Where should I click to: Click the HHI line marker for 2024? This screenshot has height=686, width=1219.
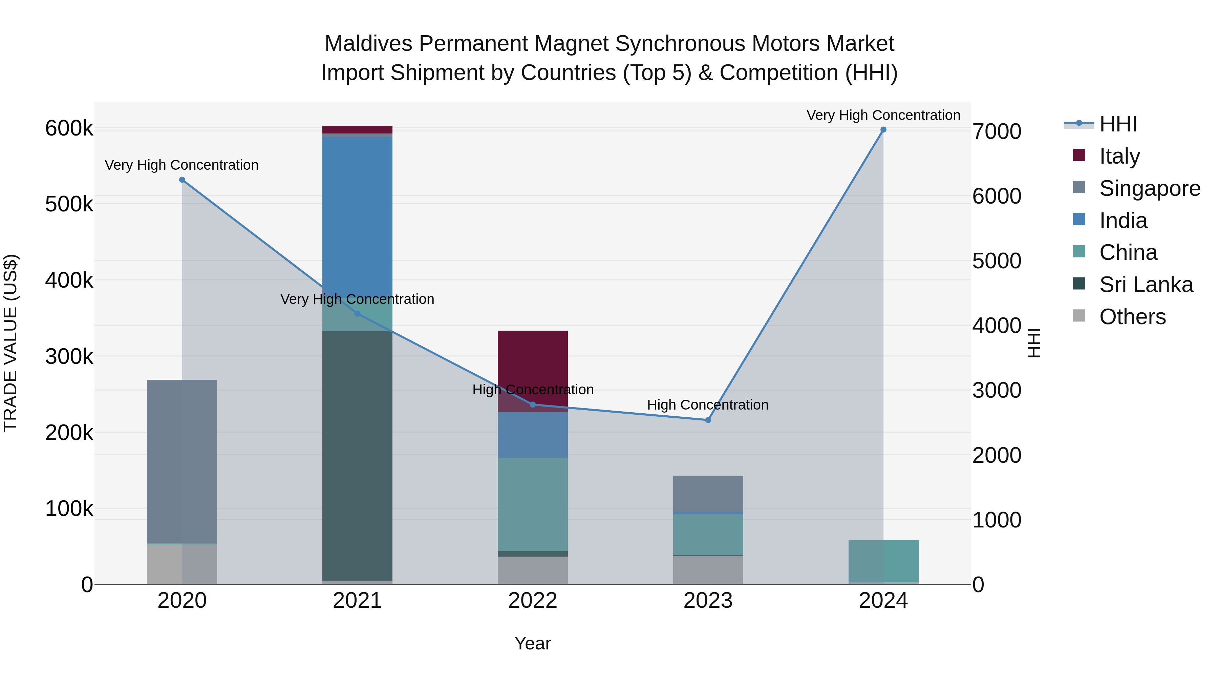(883, 130)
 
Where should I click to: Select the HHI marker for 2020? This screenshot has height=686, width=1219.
(182, 180)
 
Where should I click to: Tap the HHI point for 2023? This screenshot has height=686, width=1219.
(708, 420)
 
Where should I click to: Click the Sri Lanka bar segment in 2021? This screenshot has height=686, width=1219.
(357, 455)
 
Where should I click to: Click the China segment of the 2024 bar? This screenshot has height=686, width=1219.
(883, 561)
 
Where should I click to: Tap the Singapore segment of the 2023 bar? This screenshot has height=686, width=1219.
(708, 493)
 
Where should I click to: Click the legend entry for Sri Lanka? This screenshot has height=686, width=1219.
(1146, 285)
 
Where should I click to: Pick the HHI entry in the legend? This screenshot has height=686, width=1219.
(1118, 124)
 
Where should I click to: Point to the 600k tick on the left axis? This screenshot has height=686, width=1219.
(69, 128)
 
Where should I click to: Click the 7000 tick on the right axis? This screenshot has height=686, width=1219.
(997, 132)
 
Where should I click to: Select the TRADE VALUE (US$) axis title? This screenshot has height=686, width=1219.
(10, 343)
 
